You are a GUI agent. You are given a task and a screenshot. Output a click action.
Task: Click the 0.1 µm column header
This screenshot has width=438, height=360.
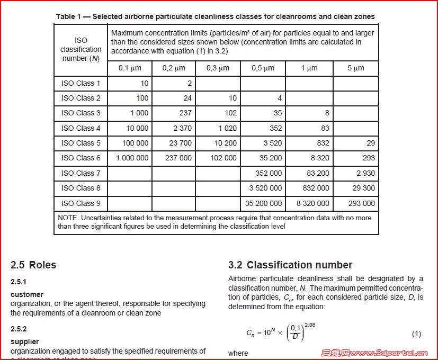(129, 68)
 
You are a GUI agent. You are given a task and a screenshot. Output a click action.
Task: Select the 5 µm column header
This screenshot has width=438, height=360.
(356, 68)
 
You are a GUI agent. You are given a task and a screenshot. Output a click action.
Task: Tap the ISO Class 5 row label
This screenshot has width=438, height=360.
(81, 143)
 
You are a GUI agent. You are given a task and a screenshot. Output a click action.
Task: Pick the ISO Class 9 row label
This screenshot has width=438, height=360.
(81, 203)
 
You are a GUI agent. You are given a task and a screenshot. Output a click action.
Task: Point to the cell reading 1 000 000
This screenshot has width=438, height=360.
(129, 158)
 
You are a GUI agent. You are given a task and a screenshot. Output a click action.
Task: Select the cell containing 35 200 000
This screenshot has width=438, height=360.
(263, 203)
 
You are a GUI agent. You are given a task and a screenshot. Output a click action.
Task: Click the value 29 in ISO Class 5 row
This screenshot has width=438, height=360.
(370, 143)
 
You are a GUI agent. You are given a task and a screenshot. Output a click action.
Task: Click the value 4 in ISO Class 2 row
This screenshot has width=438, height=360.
(280, 98)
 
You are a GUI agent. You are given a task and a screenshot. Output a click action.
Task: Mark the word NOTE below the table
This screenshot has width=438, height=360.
(68, 218)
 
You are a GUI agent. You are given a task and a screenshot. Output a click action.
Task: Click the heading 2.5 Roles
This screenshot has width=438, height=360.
(33, 265)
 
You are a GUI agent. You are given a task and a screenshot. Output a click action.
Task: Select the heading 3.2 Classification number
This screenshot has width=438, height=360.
(290, 265)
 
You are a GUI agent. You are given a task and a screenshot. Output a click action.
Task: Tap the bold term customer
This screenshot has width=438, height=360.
(27, 294)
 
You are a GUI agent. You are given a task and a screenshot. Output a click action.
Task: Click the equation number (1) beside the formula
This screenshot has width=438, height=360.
(416, 334)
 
